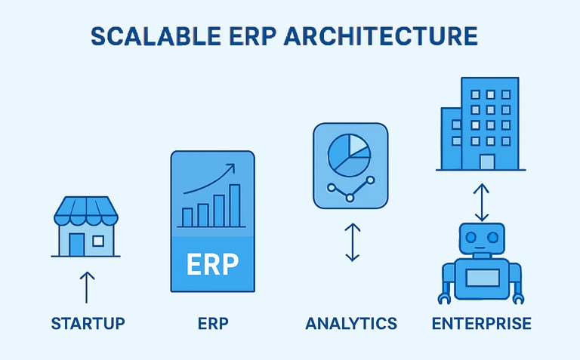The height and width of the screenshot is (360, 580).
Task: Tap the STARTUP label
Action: (x=88, y=324)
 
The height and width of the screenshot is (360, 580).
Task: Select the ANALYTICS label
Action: (x=351, y=324)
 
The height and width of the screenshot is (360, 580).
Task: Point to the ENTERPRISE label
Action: (x=481, y=324)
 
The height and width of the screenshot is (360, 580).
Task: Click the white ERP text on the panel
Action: (x=212, y=264)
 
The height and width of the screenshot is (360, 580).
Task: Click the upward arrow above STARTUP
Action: (x=87, y=287)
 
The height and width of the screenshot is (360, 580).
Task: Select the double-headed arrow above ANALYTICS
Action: (x=352, y=242)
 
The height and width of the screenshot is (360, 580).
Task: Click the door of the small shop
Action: (x=77, y=244)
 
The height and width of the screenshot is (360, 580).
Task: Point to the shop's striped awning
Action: (x=86, y=211)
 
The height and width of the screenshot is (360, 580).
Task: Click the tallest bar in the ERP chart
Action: (x=234, y=206)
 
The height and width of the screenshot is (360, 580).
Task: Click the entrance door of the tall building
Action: (x=487, y=162)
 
